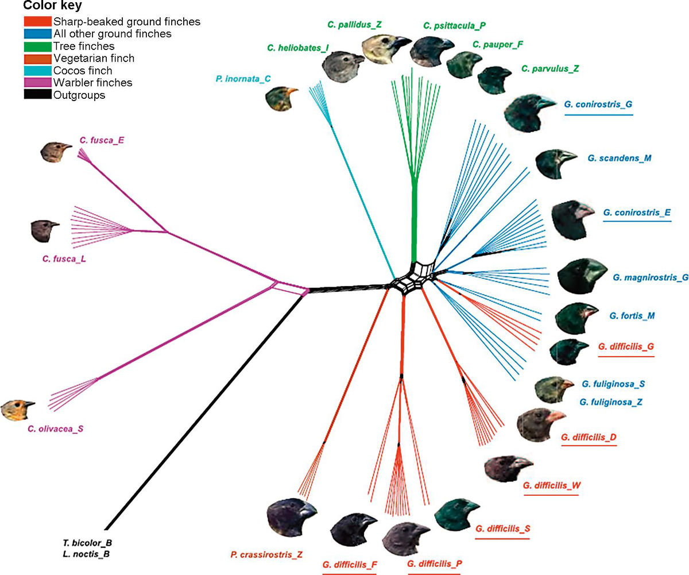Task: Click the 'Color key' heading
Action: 52,7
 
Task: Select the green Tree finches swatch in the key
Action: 38,46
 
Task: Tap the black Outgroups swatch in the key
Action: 38,95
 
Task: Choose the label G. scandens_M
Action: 619,157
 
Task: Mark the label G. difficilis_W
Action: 552,485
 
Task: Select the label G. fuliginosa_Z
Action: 611,402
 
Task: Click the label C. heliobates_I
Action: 297,49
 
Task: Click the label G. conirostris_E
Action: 637,213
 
